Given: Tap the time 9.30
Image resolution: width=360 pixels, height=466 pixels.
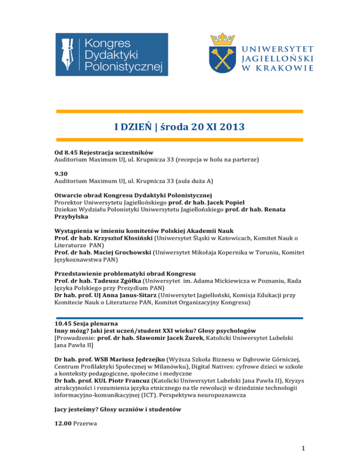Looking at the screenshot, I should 60,173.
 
